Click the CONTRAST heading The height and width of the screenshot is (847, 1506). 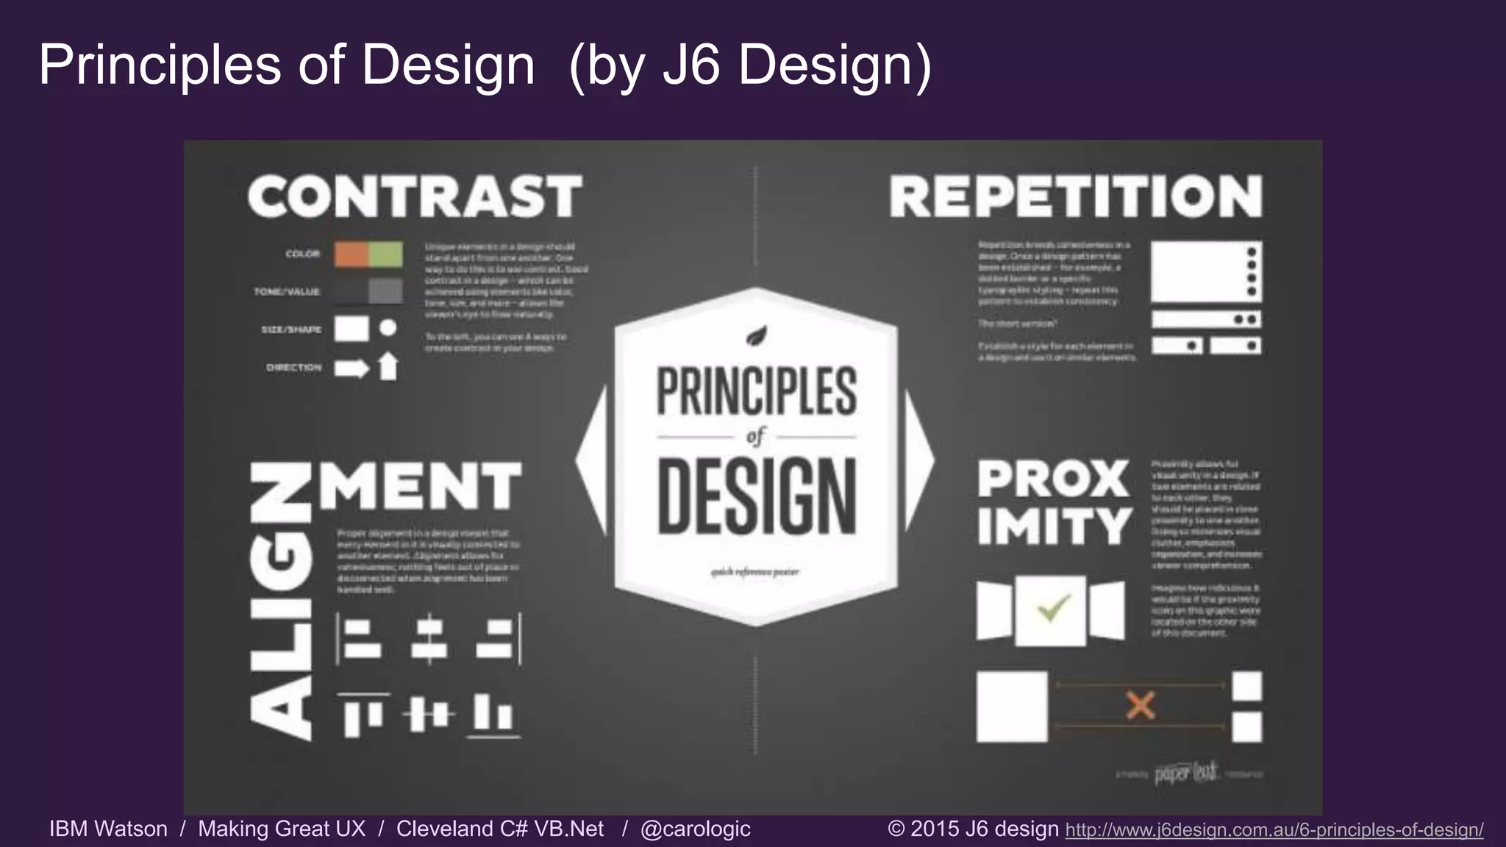(x=415, y=196)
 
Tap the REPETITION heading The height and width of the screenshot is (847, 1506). (x=1076, y=196)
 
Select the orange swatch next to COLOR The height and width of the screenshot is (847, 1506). (x=351, y=254)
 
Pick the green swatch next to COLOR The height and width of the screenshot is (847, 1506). (x=385, y=254)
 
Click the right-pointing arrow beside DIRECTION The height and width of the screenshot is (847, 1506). (x=351, y=368)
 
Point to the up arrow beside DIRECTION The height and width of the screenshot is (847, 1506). (x=388, y=366)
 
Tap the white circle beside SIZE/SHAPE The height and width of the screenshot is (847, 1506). (x=388, y=328)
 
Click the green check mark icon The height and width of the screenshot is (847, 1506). (x=1052, y=609)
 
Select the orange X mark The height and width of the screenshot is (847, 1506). (x=1141, y=706)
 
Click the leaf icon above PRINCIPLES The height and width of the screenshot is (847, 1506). (x=757, y=337)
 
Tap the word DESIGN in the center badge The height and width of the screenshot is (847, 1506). (x=757, y=496)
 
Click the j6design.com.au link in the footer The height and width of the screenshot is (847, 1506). (x=1274, y=830)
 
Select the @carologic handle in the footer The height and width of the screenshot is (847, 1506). (x=695, y=829)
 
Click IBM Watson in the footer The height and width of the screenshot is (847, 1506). (x=108, y=829)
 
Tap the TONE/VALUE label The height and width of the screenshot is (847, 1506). (x=287, y=292)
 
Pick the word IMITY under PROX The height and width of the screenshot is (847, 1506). (x=1054, y=526)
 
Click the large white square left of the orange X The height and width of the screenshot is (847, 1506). (x=1012, y=707)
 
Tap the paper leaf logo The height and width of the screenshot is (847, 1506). (x=1186, y=773)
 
